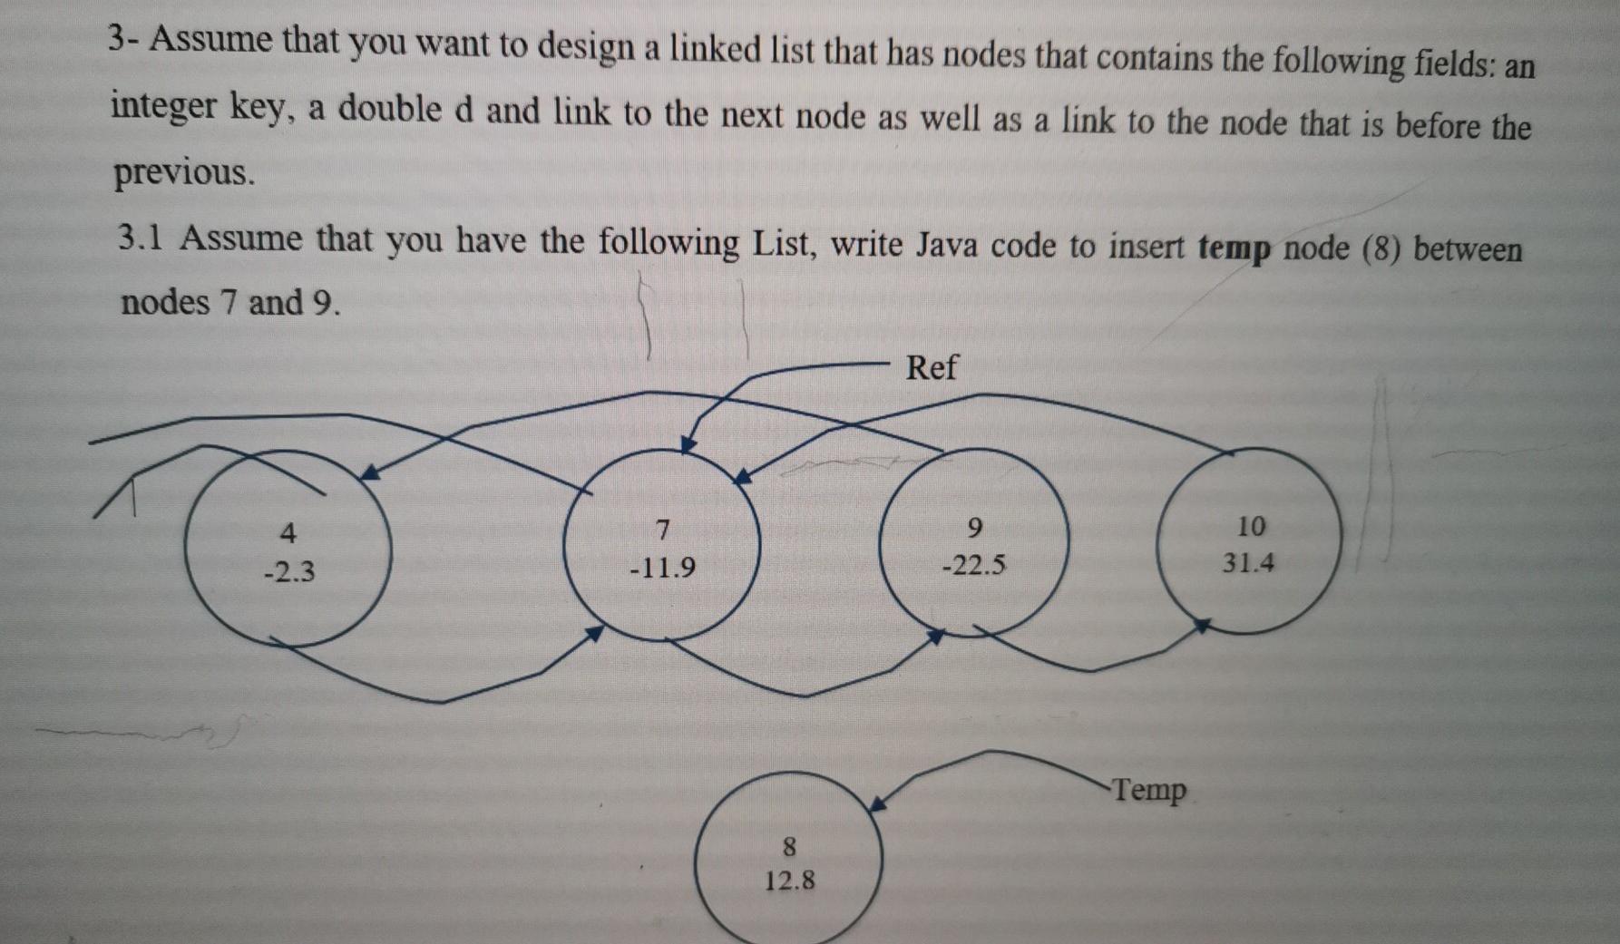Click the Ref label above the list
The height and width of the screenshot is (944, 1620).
coord(931,367)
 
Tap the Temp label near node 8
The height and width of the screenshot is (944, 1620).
coord(1148,790)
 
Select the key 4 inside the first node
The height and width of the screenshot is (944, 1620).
coord(288,531)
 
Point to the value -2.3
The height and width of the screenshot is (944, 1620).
coord(288,572)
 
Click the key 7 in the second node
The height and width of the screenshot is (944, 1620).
coord(662,528)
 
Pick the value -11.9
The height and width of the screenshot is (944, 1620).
coord(662,569)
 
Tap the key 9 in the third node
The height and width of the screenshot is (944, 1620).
coord(975,527)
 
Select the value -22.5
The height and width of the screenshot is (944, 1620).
coord(974,567)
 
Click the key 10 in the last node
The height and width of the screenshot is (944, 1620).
coord(1250,526)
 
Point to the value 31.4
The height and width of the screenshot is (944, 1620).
coord(1248,563)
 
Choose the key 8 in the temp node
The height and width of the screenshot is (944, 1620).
coord(789,847)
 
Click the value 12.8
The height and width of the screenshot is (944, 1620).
coord(789,881)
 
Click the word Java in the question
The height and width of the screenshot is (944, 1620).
coord(947,245)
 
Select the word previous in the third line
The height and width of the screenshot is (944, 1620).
coord(181,172)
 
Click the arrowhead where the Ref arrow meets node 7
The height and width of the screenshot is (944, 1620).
coord(688,443)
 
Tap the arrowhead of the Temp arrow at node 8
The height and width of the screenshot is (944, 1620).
coord(876,804)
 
